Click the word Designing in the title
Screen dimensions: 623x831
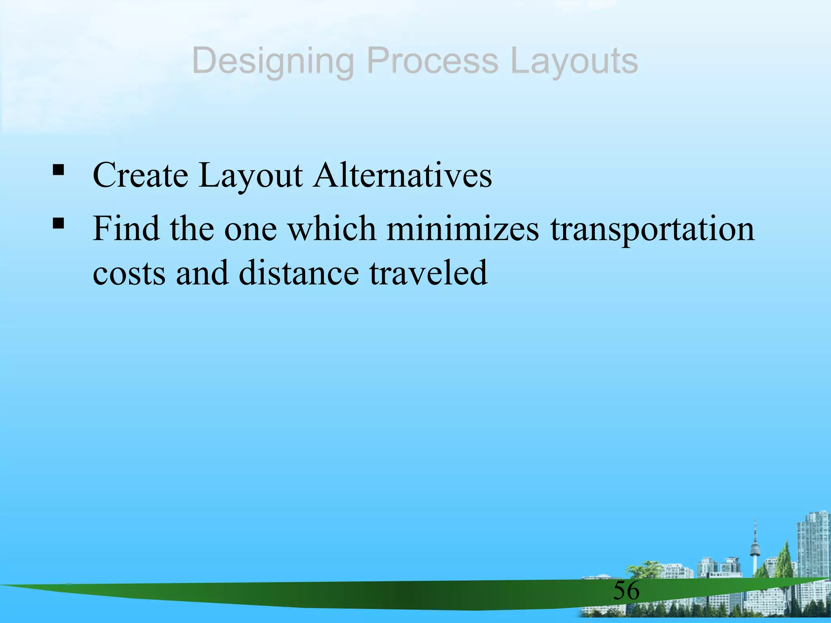(x=273, y=62)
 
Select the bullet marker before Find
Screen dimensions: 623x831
(x=58, y=222)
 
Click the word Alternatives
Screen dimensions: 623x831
(x=402, y=175)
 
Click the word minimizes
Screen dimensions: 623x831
(x=463, y=229)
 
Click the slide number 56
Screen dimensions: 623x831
(x=626, y=591)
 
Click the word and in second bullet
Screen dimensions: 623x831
(x=202, y=273)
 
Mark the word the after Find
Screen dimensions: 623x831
(x=192, y=229)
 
